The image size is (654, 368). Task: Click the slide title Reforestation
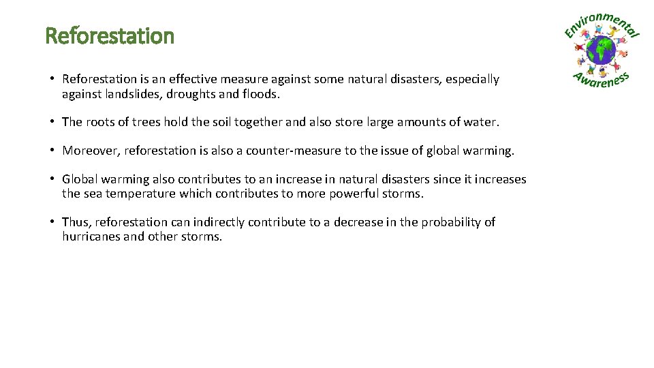click(110, 35)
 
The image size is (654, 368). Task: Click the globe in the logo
click(601, 50)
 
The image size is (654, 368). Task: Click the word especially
click(473, 80)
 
